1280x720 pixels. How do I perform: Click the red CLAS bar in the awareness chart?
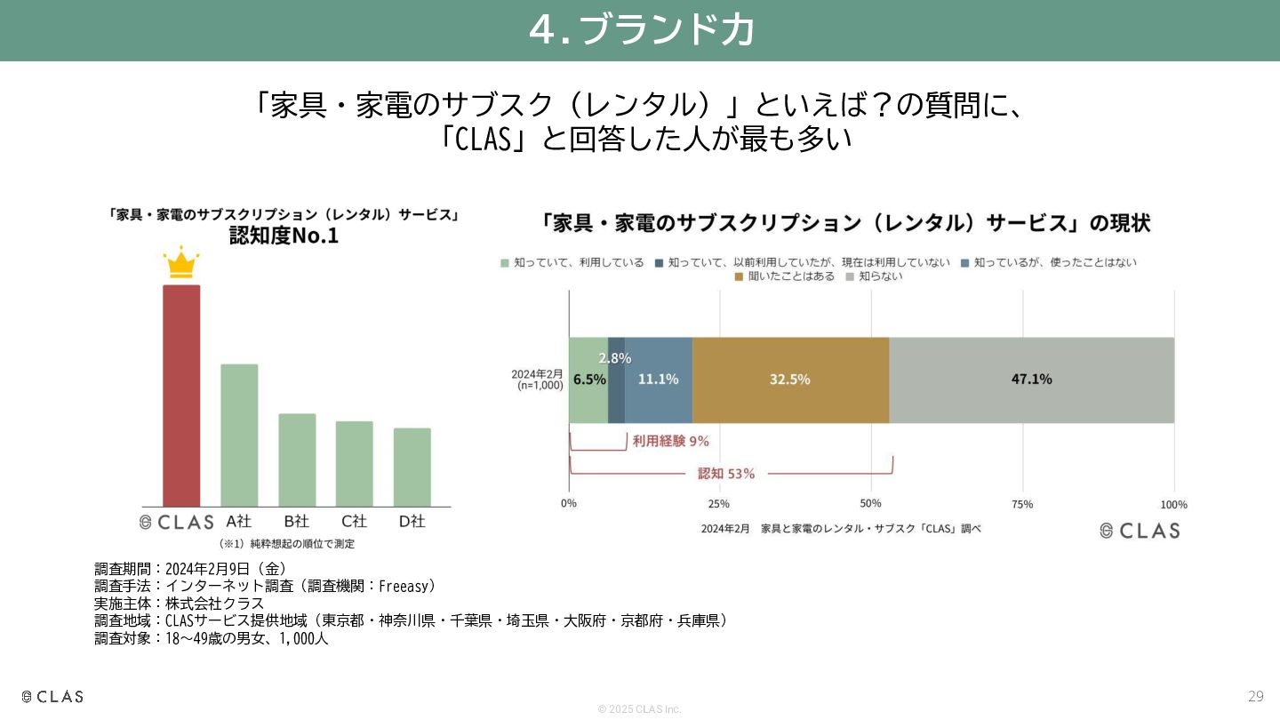tap(181, 396)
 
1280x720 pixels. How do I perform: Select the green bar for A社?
tap(239, 435)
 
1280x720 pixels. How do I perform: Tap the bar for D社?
tap(412, 467)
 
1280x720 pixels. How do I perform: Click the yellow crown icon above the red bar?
tap(181, 262)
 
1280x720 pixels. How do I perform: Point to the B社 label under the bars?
tap(297, 521)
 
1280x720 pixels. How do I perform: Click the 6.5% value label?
tap(589, 380)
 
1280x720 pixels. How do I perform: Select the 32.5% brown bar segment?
tap(790, 380)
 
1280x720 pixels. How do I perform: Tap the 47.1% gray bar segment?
tap(1031, 380)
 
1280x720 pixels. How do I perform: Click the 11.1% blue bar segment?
tap(659, 380)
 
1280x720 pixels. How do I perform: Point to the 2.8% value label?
tap(615, 358)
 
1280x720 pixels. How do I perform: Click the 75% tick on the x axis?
tap(1022, 504)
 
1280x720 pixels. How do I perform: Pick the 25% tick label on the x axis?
tap(719, 504)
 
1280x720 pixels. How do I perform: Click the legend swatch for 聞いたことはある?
tap(739, 277)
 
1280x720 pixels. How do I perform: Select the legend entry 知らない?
tap(875, 276)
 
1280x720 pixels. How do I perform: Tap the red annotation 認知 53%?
tap(726, 474)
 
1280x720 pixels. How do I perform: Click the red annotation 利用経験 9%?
tap(671, 441)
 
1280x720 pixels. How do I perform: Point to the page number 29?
tap(1255, 696)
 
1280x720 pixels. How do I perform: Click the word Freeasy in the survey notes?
tap(403, 587)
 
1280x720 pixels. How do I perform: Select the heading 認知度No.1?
tap(284, 236)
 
